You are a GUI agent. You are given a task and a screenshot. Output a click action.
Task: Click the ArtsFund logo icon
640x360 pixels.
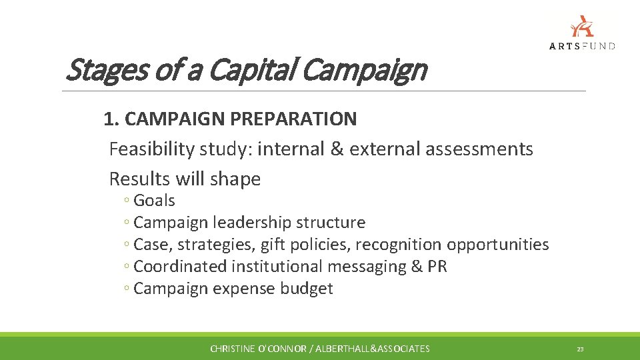point(582,26)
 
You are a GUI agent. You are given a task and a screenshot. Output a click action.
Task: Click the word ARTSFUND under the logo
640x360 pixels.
point(582,46)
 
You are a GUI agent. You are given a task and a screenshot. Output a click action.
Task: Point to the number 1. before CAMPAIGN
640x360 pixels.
point(111,119)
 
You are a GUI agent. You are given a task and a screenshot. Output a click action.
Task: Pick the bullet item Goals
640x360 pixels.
point(154,201)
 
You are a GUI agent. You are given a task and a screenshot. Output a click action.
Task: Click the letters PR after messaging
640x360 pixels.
point(437,267)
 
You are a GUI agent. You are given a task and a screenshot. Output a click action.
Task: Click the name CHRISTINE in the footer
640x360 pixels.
point(233,349)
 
